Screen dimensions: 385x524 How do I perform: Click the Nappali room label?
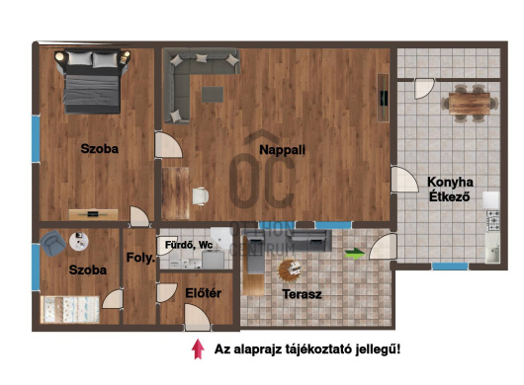point(282,149)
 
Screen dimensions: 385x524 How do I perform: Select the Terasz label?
point(300,294)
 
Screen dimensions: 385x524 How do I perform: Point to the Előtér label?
point(203,292)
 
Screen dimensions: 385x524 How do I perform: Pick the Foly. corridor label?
point(137,259)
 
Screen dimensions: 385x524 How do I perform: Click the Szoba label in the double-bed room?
point(100,149)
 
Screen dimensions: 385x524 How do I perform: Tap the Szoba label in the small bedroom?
point(87,269)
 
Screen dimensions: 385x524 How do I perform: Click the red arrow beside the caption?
point(198,348)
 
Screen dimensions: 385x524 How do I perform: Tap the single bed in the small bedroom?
point(70,310)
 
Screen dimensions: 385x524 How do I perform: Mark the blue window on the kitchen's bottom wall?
point(450,267)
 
